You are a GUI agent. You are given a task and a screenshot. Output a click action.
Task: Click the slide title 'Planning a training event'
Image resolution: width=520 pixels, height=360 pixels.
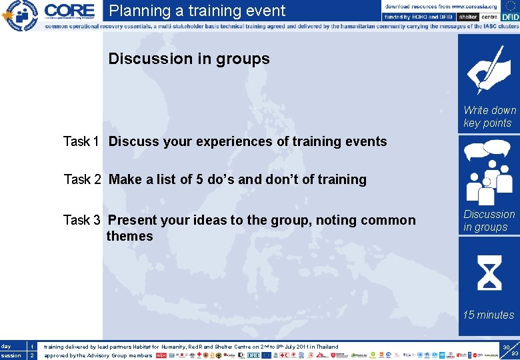point(197,11)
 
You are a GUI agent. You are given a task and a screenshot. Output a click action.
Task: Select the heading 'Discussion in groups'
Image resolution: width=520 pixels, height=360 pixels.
point(189,59)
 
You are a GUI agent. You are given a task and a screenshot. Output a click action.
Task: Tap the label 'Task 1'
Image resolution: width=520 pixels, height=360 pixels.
point(81,141)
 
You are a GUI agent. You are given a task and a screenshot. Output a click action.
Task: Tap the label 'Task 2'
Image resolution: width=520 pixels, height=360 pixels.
point(82,179)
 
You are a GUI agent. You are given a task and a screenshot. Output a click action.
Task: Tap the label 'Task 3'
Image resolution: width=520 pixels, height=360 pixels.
point(81,220)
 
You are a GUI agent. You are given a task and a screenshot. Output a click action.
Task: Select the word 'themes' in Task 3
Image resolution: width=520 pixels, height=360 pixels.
point(129,236)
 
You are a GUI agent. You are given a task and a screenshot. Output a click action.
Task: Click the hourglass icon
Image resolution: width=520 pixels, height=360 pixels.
point(489,273)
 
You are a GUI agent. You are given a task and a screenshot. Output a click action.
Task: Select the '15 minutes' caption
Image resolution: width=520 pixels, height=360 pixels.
point(489,315)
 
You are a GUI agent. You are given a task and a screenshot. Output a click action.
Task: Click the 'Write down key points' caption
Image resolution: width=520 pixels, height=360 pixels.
point(489,117)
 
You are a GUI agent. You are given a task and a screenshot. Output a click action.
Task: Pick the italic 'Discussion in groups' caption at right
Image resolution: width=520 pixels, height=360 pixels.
point(489,221)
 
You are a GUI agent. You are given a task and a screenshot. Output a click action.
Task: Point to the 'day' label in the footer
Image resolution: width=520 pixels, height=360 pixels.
point(6,347)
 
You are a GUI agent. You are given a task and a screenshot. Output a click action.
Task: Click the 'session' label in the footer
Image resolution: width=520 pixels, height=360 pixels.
point(10,355)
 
